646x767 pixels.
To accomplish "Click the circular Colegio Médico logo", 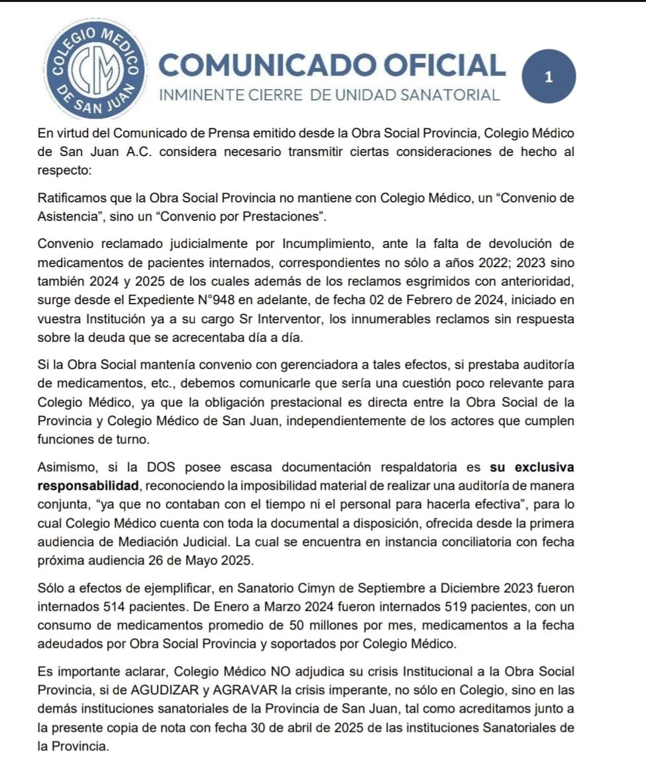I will coord(93,69).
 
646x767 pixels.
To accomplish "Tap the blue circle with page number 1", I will coord(548,77).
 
